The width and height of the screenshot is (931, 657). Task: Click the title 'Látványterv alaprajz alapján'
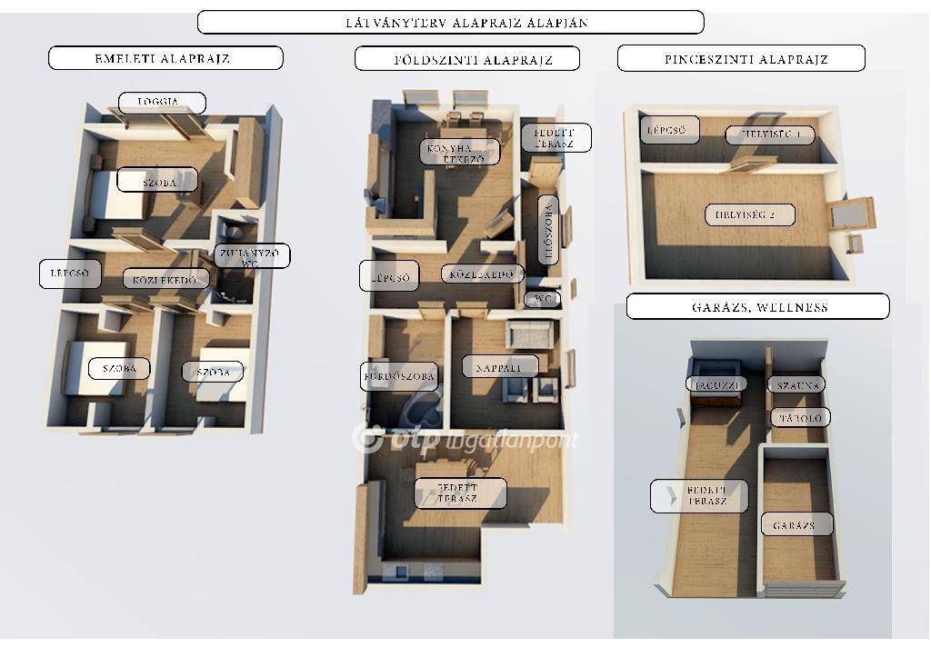450,23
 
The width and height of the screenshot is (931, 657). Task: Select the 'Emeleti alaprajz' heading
165,59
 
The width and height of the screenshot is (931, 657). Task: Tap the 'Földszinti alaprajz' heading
466,60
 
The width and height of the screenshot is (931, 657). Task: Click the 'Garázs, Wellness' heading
757,306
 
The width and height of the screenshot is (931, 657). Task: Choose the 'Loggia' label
162,103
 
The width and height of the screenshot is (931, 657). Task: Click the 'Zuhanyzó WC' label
251,256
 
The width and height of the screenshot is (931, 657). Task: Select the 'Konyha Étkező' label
460,152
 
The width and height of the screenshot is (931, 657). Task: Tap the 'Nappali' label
499,366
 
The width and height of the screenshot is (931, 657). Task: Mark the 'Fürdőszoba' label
399,376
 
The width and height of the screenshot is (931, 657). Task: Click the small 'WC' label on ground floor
543,299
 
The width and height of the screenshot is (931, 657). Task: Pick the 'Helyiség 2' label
750,215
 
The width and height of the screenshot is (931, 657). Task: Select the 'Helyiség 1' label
769,135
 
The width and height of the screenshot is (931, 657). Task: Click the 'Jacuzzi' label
716,384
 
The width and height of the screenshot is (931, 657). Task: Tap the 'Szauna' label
797,385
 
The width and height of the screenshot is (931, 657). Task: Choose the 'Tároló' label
800,418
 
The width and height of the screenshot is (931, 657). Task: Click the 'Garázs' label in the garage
796,524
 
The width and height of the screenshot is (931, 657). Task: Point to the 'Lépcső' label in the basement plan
669,130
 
